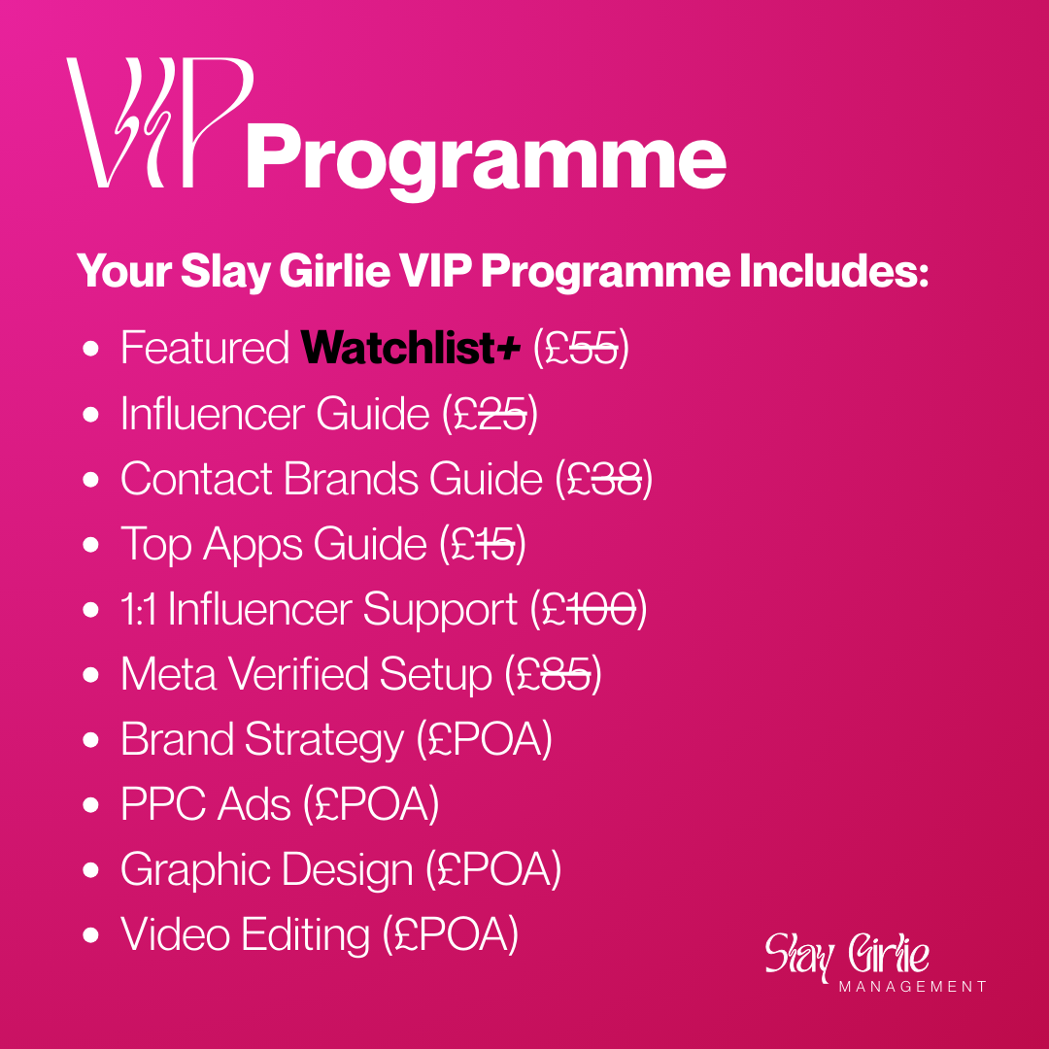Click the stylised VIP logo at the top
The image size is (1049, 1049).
160,122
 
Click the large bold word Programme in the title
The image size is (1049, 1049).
486,162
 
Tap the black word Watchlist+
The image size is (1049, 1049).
410,347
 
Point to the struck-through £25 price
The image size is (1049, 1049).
491,414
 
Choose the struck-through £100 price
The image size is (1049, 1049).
588,609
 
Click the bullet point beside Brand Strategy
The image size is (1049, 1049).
90,740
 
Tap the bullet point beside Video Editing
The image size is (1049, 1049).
90,935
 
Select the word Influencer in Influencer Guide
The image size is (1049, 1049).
213,414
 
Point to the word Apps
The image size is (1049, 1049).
253,545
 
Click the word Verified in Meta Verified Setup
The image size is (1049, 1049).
298,674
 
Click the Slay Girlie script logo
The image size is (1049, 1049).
847,955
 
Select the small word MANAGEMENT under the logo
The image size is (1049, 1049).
912,987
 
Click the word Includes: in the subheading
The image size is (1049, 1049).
833,271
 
